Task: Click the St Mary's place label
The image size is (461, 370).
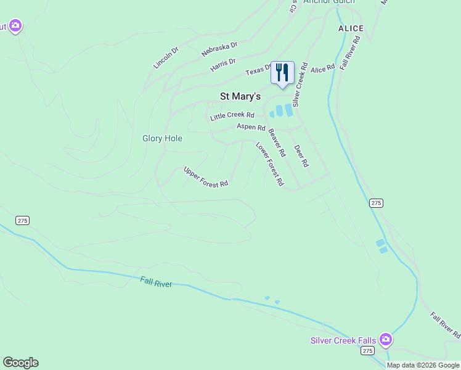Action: point(240,96)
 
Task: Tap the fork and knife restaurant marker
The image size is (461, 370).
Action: point(282,73)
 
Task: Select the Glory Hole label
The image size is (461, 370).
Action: point(162,139)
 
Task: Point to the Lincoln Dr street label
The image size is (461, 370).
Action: point(166,57)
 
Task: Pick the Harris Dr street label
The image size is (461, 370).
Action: point(223,64)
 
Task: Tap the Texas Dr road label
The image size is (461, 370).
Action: point(258,71)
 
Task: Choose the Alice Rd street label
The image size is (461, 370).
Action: point(322,68)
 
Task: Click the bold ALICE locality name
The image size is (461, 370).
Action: point(351,28)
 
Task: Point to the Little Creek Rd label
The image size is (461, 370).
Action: point(232,116)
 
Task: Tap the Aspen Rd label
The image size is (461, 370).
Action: point(251,127)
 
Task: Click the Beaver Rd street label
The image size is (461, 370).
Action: point(277,142)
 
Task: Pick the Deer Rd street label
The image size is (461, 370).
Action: point(301,156)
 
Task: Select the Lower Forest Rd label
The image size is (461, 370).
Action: point(269,164)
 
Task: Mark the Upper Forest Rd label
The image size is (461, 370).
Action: point(206,177)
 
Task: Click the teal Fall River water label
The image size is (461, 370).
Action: point(156,282)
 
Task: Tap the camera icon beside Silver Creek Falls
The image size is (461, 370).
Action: point(386,339)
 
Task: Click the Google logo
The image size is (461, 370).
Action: point(20,363)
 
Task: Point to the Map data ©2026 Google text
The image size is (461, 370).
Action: point(423,365)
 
